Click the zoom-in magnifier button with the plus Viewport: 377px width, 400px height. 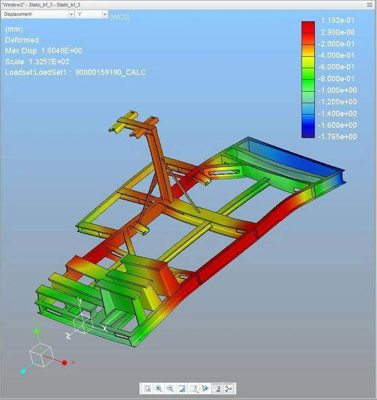(x=159, y=388)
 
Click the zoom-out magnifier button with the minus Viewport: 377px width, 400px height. (x=170, y=388)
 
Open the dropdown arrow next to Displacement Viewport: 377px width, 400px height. (x=71, y=15)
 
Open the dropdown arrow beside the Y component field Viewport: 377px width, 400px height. (x=105, y=15)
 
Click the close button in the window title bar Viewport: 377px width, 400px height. (x=369, y=5)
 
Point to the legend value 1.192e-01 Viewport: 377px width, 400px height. (x=337, y=21)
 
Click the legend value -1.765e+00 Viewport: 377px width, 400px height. (x=337, y=137)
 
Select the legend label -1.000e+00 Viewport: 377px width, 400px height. (x=337, y=90)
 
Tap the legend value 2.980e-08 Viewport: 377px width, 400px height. (x=337, y=32)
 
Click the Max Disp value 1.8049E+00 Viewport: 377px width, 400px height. (x=61, y=50)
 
